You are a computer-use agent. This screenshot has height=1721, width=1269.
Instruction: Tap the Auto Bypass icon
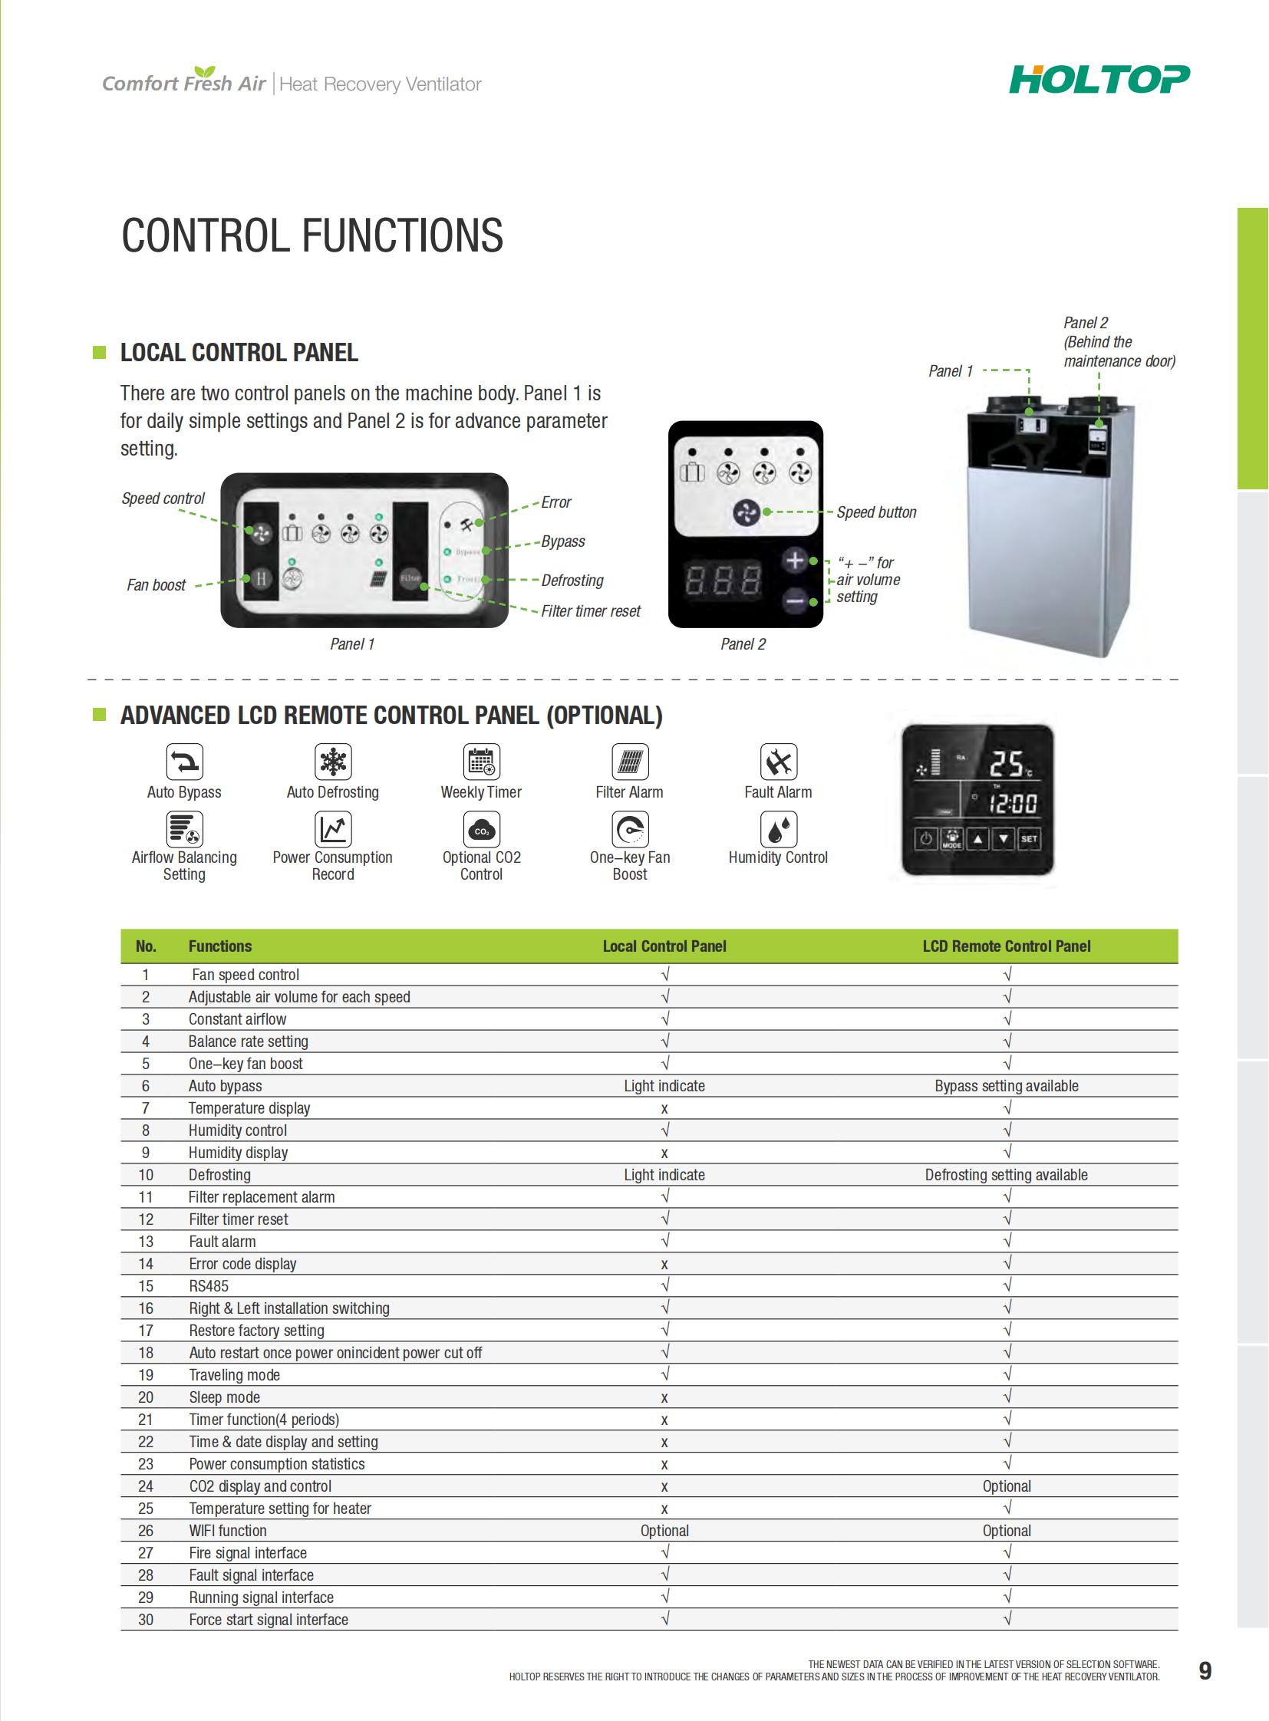point(184,762)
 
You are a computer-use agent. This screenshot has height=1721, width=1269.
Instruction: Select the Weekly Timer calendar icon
point(481,762)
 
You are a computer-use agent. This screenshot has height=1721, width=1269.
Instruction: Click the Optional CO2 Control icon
point(481,829)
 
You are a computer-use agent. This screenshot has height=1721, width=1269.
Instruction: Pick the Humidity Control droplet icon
point(778,829)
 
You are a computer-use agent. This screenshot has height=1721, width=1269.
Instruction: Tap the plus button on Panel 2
point(795,561)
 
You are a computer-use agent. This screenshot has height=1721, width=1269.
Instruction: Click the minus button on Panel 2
point(795,601)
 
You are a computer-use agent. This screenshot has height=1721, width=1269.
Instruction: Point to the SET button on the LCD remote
point(1029,838)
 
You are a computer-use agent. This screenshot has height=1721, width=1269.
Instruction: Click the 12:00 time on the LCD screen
point(1013,804)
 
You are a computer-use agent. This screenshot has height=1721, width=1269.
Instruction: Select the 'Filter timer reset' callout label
point(590,611)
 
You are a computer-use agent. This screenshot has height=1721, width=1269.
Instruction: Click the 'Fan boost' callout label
point(156,585)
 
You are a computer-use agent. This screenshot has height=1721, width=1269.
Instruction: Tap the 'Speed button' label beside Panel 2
point(875,512)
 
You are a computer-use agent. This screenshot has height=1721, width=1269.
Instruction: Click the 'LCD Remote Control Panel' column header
point(1007,946)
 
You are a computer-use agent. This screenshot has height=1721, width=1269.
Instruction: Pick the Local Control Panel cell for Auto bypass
point(664,1086)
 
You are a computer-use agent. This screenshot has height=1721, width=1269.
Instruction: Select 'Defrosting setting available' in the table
point(1007,1175)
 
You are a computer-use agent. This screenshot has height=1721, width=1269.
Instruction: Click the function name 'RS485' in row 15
point(208,1286)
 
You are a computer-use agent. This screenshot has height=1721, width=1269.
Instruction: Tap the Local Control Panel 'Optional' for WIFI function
point(664,1531)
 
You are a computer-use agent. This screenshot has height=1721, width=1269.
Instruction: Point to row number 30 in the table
point(145,1620)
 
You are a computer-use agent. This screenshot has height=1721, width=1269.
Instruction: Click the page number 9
point(1205,1671)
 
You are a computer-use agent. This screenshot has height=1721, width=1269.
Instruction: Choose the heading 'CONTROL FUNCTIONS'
point(311,235)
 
